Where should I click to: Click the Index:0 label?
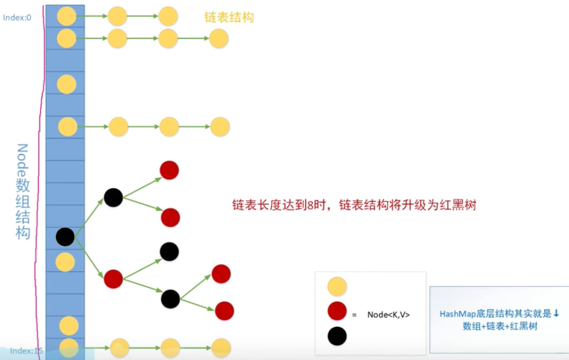point(17,17)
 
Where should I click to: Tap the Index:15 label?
point(26,350)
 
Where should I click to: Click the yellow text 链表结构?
point(229,17)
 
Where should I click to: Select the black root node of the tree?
point(66,237)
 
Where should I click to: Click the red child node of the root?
point(113,279)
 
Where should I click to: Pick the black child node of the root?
point(113,198)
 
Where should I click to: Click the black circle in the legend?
point(337,336)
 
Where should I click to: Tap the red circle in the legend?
point(337,311)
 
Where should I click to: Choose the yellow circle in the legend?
point(337,287)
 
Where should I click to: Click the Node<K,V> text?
point(389,315)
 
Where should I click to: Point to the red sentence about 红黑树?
point(354,205)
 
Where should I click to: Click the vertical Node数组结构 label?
point(22,192)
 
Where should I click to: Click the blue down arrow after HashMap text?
point(556,313)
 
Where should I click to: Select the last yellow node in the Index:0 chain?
point(168,16)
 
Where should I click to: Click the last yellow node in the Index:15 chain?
point(221,347)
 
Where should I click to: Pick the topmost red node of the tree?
point(169,170)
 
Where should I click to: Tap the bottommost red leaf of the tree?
point(224,311)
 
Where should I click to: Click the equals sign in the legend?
point(354,315)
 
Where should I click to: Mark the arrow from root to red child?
point(89,258)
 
